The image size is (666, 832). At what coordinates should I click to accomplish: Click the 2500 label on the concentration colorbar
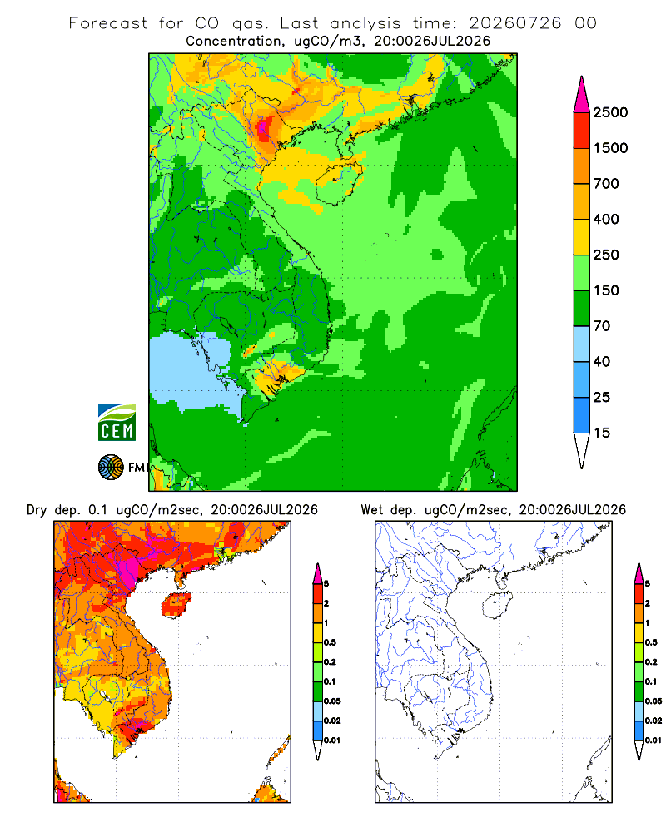coord(610,112)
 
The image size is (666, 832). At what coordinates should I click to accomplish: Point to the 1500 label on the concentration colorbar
coord(610,148)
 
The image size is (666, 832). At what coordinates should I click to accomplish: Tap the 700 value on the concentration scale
coord(606,184)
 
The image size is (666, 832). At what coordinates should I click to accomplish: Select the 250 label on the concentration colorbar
coord(606,255)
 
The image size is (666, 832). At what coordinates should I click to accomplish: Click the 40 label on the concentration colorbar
coord(602,361)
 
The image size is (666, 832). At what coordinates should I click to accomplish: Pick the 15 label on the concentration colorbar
coord(602,433)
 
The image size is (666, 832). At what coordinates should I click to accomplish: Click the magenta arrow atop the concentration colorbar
coord(582,94)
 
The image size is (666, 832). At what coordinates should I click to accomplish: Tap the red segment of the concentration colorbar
coord(582,130)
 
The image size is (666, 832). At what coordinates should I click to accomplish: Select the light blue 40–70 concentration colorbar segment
coord(582,344)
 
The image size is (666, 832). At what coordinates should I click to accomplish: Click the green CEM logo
coord(117,423)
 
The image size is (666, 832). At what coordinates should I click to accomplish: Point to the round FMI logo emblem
coord(111,468)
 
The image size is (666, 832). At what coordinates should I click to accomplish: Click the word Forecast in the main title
coord(108,23)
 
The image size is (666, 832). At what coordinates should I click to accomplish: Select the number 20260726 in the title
coord(514,23)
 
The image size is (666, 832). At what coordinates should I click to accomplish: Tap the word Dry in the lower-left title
coord(37,510)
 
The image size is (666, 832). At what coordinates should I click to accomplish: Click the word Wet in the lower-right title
coord(371,510)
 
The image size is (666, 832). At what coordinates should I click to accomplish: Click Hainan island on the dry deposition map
coord(176,604)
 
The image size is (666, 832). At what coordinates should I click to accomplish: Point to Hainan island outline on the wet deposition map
coord(497,606)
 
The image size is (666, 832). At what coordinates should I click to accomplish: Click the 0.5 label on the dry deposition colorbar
coord(330,642)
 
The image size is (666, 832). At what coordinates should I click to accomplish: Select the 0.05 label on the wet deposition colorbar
coord(654,701)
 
